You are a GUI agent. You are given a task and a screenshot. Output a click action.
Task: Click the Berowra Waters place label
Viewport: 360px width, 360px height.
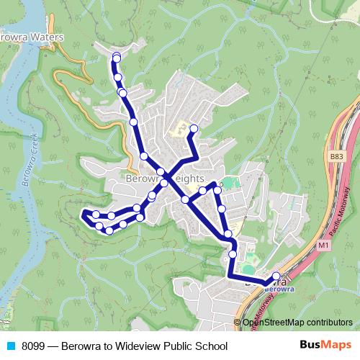(32, 37)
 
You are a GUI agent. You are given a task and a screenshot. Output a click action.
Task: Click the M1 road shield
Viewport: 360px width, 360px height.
(325, 247)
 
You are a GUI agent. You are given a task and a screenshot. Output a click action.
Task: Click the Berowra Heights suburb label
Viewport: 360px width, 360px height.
(165, 179)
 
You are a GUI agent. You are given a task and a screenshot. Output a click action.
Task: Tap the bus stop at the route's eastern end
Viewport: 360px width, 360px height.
(276, 276)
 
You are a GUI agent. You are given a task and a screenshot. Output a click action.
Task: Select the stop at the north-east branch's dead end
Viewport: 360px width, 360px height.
(193, 129)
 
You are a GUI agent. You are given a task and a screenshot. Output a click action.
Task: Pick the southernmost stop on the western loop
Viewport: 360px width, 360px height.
(109, 230)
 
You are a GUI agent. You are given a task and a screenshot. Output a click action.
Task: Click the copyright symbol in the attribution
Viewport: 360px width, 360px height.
(238, 323)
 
